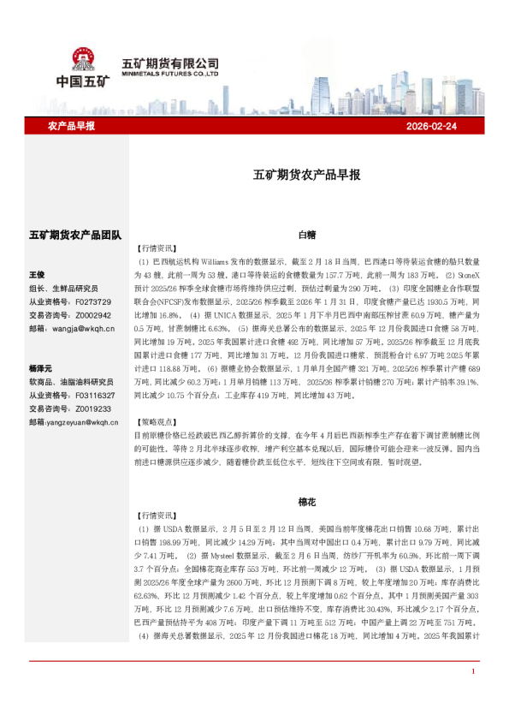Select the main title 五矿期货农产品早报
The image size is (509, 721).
click(x=307, y=175)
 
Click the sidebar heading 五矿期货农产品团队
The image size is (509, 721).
click(x=76, y=234)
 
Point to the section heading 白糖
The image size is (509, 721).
click(x=307, y=233)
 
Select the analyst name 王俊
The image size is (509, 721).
click(x=38, y=275)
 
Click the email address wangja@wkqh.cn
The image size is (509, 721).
click(x=83, y=328)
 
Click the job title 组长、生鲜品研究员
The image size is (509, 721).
click(x=64, y=289)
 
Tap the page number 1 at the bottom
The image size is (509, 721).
click(x=473, y=694)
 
